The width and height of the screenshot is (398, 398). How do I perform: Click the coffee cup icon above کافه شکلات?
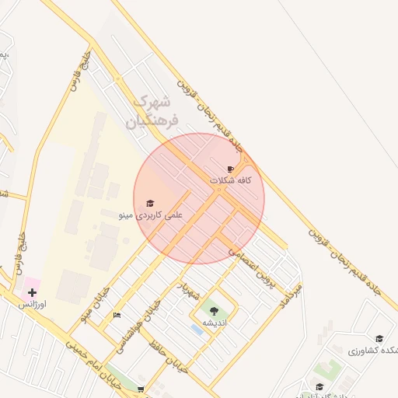(230, 169)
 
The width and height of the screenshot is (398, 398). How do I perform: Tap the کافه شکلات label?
(232, 180)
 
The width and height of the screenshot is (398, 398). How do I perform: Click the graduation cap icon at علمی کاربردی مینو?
(150, 203)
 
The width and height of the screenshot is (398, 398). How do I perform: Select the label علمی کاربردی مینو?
(150, 214)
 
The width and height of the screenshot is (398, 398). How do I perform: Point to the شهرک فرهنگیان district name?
(155, 110)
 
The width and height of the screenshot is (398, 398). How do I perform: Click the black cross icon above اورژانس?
(32, 293)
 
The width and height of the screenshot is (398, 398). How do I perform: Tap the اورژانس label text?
(33, 305)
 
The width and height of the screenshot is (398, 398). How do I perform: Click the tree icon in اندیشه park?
(214, 312)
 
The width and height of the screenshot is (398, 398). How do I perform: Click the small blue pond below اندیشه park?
(197, 330)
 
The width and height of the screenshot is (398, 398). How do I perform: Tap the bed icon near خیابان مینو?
(117, 315)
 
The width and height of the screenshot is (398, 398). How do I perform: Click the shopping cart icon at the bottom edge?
(141, 389)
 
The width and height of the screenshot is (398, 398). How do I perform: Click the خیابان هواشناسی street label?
(148, 319)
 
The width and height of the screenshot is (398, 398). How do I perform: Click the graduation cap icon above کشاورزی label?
(379, 339)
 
